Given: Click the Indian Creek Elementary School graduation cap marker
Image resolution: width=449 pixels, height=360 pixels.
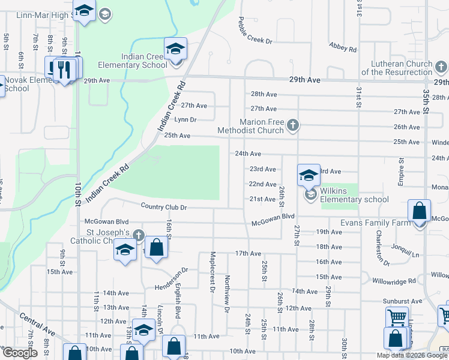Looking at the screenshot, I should coord(176,49).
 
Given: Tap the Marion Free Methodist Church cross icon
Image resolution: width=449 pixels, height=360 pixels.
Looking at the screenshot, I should coord(292,125).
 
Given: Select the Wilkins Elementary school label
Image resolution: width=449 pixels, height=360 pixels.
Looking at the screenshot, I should coord(354,196).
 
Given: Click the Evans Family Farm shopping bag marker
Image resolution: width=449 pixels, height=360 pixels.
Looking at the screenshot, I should coord(419,211).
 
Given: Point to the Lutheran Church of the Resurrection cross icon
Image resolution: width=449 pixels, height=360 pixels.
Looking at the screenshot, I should coord(441,66).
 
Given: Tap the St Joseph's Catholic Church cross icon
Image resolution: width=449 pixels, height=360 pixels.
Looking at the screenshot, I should coord(139,235).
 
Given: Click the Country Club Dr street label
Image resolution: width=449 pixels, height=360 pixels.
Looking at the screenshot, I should coord(164,207).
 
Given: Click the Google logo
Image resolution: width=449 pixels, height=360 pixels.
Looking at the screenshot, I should coord(20,353).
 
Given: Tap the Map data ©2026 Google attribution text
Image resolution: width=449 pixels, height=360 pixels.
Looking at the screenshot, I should coord(411,355).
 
